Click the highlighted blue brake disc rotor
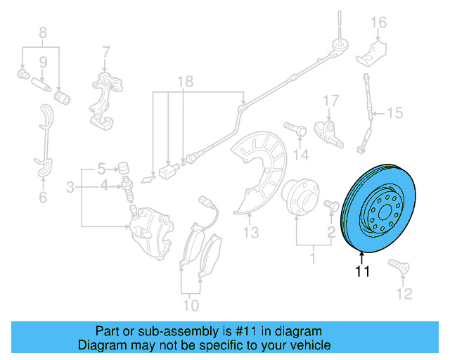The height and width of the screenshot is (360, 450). [380, 207]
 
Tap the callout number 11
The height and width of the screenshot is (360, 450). [361, 272]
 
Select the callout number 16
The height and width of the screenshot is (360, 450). [379, 22]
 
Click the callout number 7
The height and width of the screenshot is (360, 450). [105, 52]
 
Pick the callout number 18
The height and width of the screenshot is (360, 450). [184, 82]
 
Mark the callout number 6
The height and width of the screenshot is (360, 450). [43, 198]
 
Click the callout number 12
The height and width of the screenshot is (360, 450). [403, 292]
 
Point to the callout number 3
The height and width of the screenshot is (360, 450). [70, 187]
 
